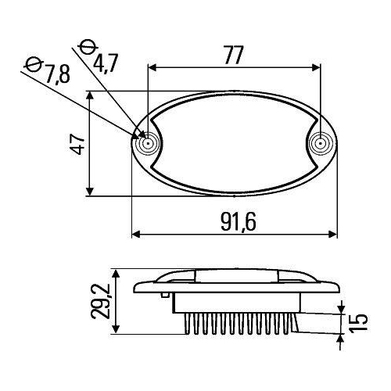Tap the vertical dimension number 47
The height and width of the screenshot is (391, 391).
click(x=77, y=144)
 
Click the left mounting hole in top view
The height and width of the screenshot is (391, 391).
click(x=147, y=144)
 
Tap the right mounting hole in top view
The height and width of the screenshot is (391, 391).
click(x=319, y=144)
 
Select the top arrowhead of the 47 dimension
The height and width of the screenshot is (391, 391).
click(x=91, y=96)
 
